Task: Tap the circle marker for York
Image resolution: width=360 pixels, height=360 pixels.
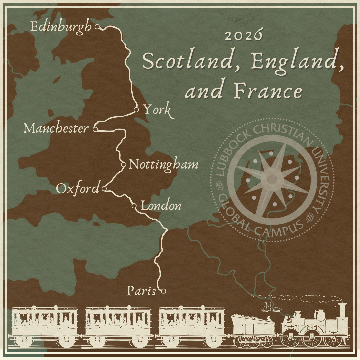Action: [136, 110]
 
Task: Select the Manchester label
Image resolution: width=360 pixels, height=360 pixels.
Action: [56, 128]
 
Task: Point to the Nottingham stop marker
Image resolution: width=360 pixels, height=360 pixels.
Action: [123, 164]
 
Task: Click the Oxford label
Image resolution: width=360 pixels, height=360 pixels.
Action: [78, 189]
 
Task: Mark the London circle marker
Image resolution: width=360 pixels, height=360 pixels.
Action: [134, 206]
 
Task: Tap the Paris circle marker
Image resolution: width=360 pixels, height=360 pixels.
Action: [163, 291]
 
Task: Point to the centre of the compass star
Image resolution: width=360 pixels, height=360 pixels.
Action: [272, 179]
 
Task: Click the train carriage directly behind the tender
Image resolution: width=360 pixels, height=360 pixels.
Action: [192, 325]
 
